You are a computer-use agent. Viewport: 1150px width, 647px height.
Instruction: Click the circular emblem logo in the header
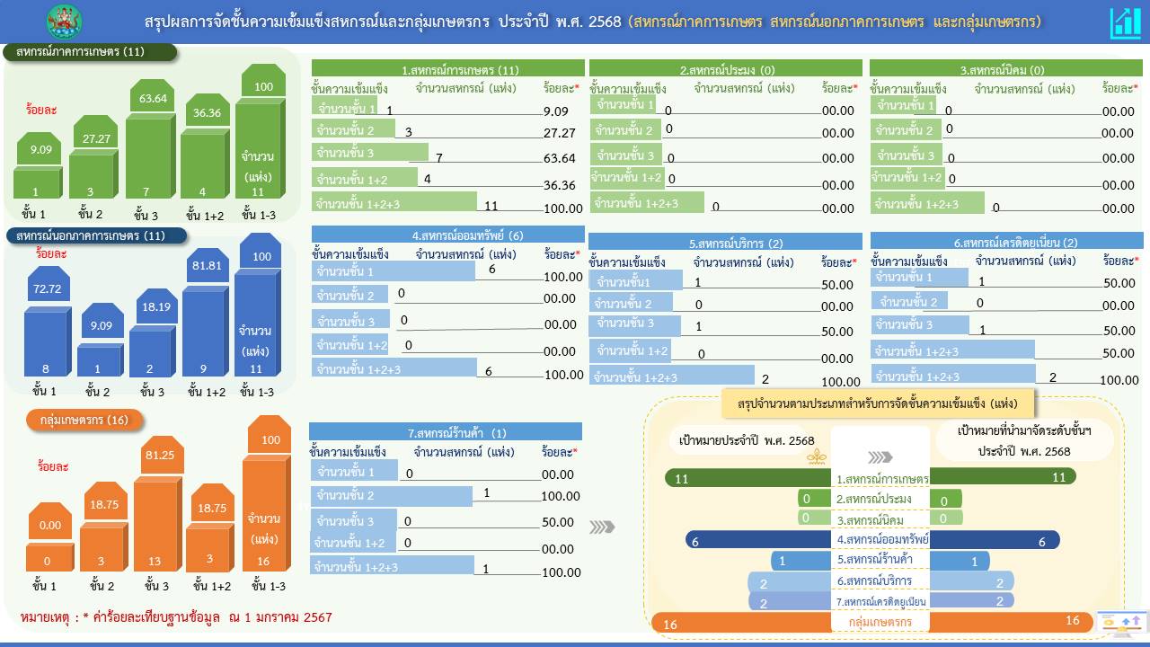(64, 22)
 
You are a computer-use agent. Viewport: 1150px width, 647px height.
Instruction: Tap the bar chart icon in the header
(1125, 22)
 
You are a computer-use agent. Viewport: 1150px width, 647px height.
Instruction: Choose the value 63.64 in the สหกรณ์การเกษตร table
(560, 159)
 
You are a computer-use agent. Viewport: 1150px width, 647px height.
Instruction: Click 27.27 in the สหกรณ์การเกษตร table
(560, 133)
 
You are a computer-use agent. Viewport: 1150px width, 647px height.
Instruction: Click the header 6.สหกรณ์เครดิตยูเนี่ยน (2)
(1006, 242)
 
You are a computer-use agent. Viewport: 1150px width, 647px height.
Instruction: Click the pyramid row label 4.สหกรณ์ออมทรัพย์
(881, 540)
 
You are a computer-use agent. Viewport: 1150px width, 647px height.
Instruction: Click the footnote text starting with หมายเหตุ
(176, 617)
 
